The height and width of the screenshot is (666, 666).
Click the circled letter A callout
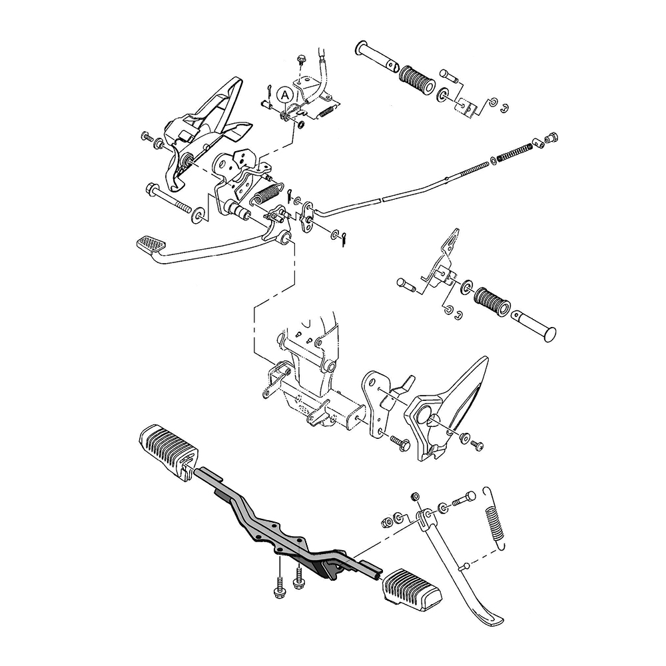pos(284,95)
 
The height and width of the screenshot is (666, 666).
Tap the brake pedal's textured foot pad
pos(152,244)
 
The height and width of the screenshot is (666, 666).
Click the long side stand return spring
pos(494,518)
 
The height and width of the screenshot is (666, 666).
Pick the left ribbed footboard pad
pos(168,446)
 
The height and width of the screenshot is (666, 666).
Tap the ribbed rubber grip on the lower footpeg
pos(492,301)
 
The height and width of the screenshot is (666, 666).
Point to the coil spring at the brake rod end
pos(514,153)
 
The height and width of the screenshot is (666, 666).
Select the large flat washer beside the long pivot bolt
pos(198,215)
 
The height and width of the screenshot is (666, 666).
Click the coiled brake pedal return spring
pos(267,193)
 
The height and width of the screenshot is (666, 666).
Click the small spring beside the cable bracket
pos(326,111)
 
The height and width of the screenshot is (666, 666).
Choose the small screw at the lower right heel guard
pos(478,445)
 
